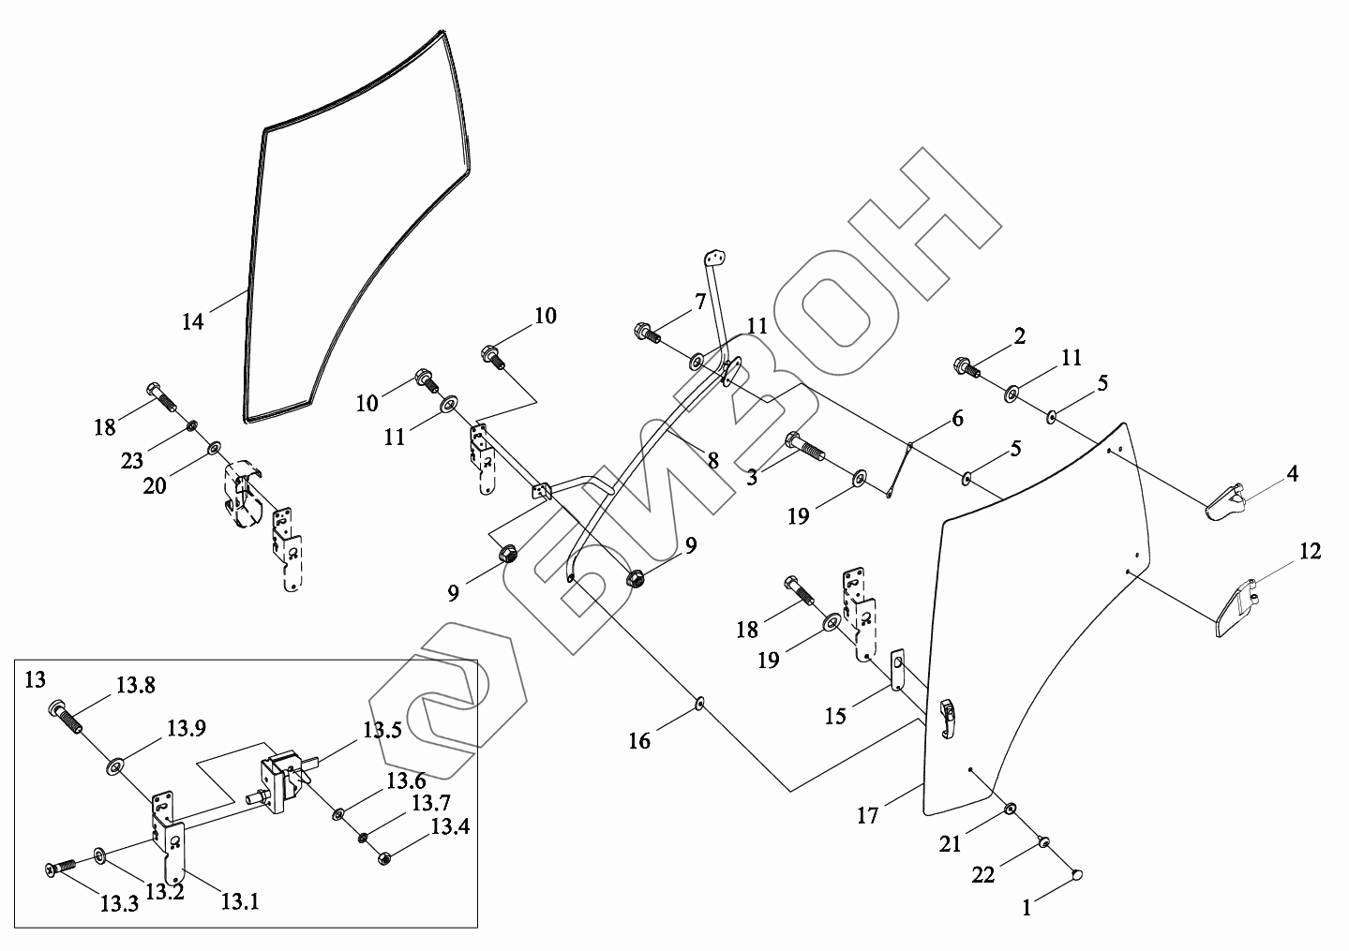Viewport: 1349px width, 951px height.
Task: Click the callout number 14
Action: coord(192,322)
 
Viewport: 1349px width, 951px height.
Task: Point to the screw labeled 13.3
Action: coord(59,869)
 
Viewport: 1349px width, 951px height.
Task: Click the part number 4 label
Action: coord(1292,474)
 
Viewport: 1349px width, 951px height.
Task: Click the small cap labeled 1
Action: coord(1077,875)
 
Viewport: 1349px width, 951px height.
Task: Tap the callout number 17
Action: coord(868,816)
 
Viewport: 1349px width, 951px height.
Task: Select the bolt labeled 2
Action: coord(967,366)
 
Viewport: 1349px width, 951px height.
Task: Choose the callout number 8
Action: coord(713,461)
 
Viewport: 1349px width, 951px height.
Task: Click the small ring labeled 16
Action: coord(699,703)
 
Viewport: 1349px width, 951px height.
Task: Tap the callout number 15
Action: coord(835,716)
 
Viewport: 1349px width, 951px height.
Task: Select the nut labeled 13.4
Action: coord(384,856)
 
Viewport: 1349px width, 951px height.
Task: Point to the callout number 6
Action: coord(957,419)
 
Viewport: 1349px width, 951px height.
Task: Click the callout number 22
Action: coord(983,875)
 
